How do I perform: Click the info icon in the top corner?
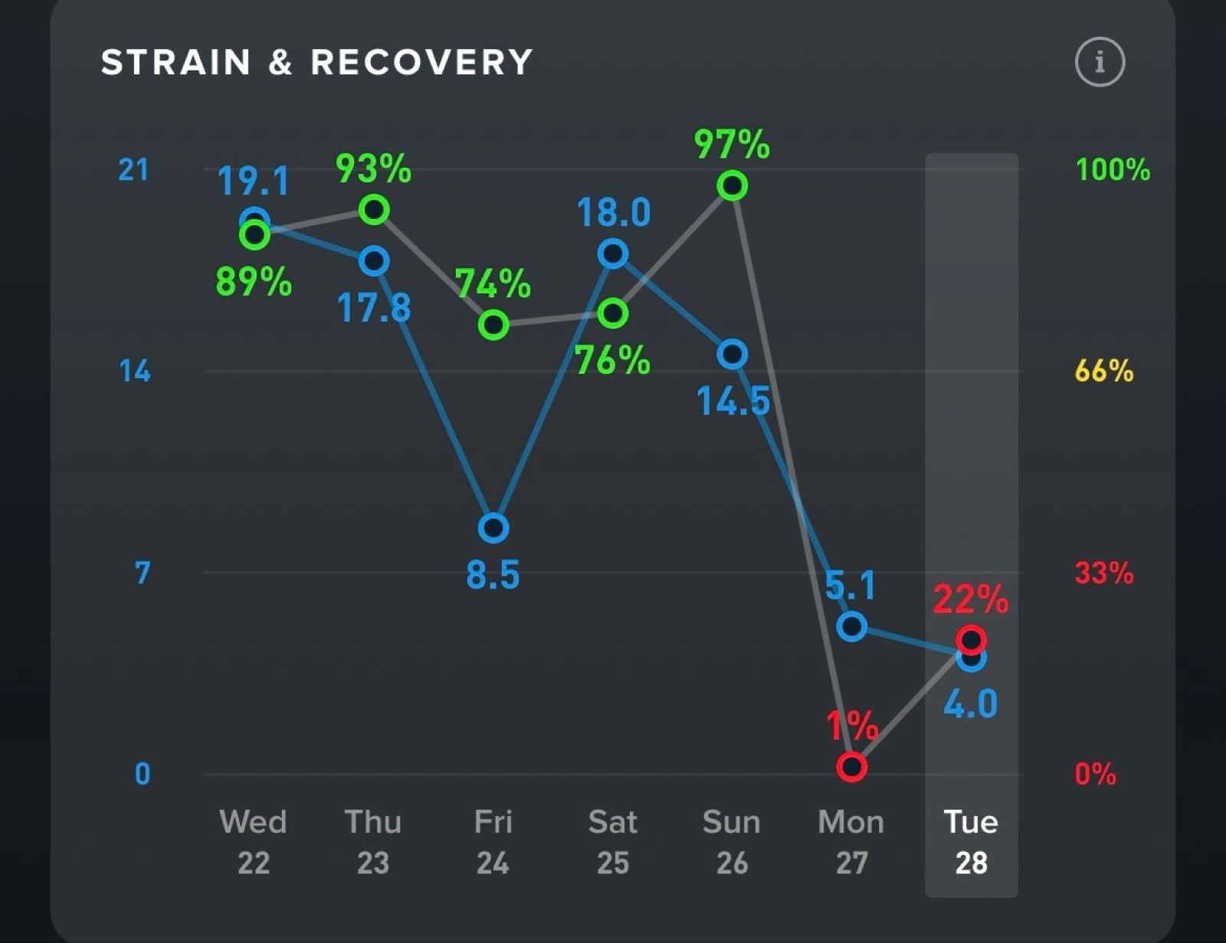(x=1100, y=61)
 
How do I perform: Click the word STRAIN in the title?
(x=176, y=63)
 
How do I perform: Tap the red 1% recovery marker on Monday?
(x=851, y=766)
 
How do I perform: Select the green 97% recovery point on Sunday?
(x=733, y=185)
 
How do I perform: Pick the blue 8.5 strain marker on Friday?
(x=493, y=528)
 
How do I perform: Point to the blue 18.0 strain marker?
(x=613, y=253)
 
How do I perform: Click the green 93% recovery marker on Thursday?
(x=374, y=209)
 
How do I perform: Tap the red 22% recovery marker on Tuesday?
(x=971, y=639)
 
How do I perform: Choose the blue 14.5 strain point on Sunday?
(x=733, y=354)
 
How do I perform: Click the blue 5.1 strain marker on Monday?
(x=851, y=627)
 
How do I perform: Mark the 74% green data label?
(x=493, y=284)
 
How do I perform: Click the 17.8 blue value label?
(x=374, y=308)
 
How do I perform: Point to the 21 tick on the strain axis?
(x=133, y=169)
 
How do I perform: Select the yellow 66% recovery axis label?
(x=1103, y=371)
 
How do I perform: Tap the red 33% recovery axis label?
(x=1103, y=572)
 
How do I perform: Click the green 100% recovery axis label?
(x=1113, y=169)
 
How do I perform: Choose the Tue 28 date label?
(x=971, y=842)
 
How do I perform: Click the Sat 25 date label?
(x=613, y=842)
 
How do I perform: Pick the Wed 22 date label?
(x=254, y=842)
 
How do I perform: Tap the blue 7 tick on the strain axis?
(x=143, y=573)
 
